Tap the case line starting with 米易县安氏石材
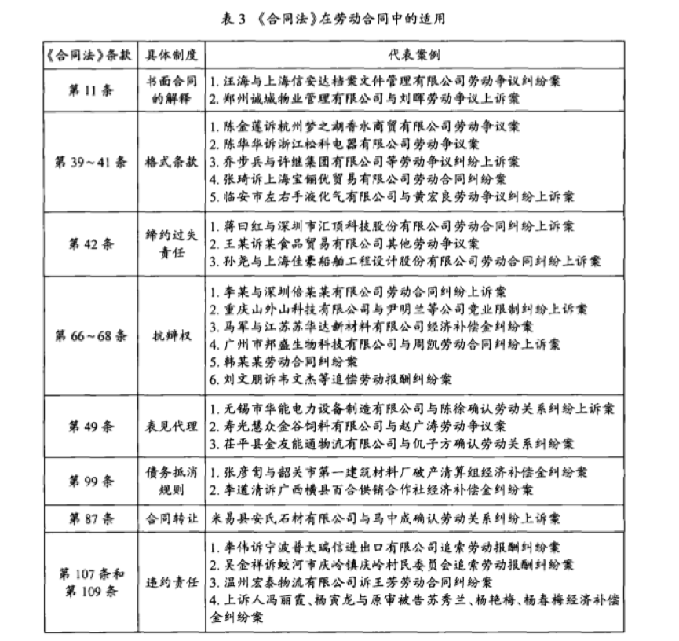pyautogui.click(x=385, y=518)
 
